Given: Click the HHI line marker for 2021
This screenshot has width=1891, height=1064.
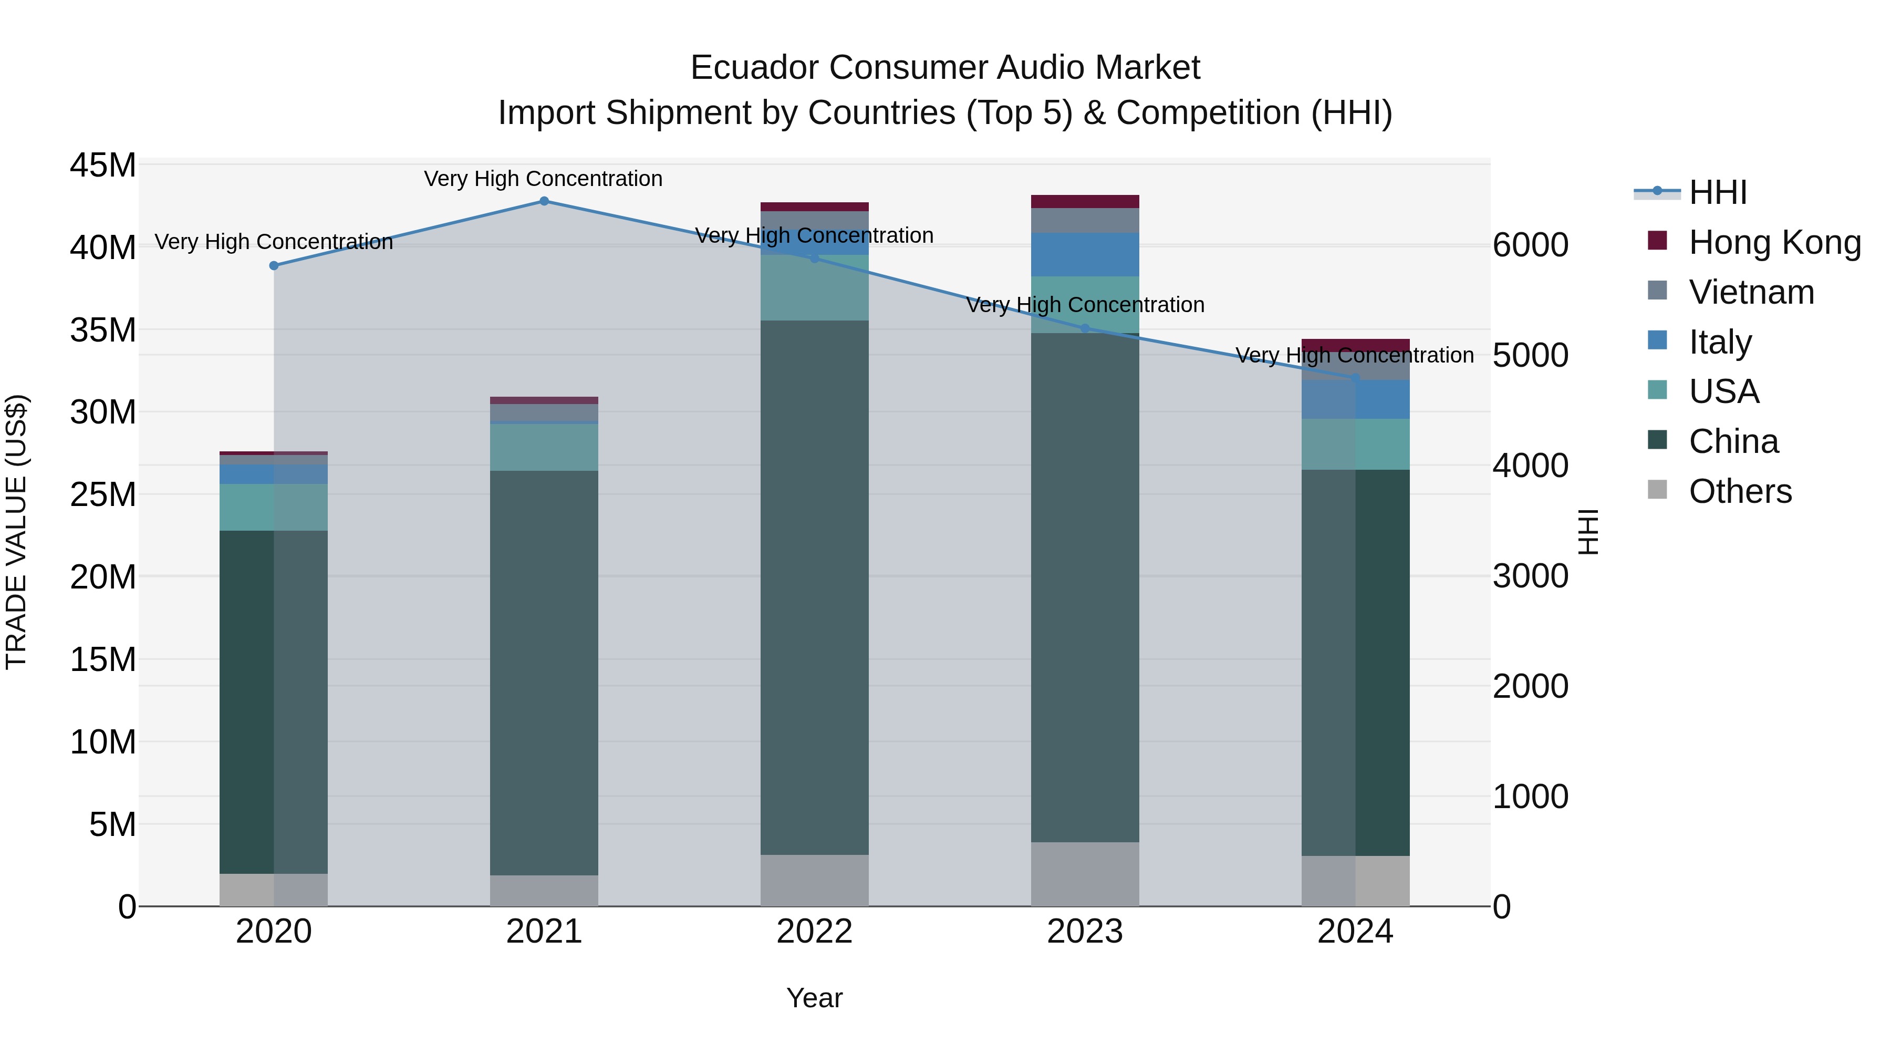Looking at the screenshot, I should (x=544, y=201).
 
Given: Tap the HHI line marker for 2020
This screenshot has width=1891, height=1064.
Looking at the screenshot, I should (x=274, y=266).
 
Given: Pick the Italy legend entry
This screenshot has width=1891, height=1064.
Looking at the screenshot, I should (x=1720, y=342).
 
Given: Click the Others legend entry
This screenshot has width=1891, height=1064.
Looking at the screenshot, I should (x=1740, y=491).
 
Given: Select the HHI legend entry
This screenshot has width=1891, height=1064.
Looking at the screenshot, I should (x=1717, y=192).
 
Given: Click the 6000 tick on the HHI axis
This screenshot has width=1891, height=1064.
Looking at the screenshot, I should (x=1531, y=245).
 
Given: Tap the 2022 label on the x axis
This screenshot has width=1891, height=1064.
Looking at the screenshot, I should (x=814, y=932).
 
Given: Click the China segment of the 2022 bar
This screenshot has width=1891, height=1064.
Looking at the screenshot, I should (x=814, y=587).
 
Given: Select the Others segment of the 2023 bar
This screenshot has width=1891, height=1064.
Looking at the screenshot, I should (x=1085, y=874).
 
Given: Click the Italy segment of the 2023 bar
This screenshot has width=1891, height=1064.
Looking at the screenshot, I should (x=1085, y=255).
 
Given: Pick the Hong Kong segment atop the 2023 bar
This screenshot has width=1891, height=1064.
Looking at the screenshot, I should (x=1085, y=201).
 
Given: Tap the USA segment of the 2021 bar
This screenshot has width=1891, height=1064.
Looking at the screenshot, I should (x=544, y=447).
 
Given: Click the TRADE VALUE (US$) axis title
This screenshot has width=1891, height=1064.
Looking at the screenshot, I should (x=16, y=532).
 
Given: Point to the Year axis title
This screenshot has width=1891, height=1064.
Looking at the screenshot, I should (x=814, y=999).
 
